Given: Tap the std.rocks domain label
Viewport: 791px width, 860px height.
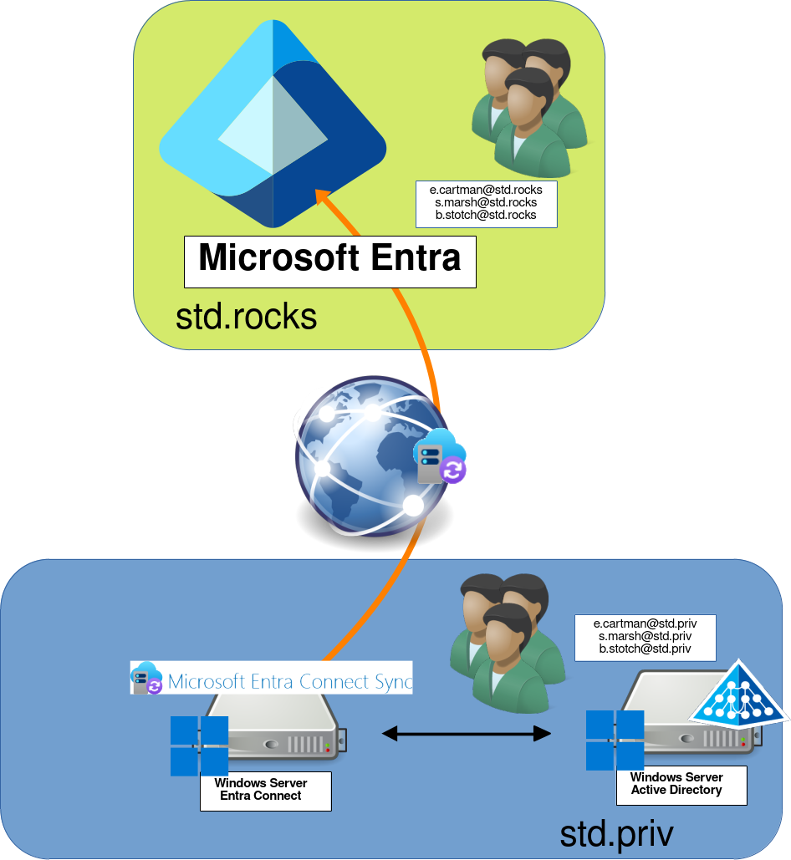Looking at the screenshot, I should click(x=246, y=317).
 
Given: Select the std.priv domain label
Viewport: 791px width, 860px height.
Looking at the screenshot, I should click(x=616, y=833).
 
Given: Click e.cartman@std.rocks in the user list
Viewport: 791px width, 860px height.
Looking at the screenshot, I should click(x=486, y=190).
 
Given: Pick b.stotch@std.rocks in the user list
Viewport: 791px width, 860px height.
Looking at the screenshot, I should click(x=486, y=215).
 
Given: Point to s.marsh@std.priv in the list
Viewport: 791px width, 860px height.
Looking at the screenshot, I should click(x=645, y=636).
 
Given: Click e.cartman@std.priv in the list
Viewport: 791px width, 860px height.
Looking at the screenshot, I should click(x=645, y=623).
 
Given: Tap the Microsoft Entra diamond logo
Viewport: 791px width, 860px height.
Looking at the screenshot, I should click(x=273, y=125).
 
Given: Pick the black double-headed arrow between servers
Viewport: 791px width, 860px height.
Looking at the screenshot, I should click(x=467, y=734).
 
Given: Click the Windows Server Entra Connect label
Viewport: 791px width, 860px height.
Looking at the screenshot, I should click(x=265, y=790).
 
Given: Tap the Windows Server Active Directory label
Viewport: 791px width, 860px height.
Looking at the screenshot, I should click(x=681, y=784).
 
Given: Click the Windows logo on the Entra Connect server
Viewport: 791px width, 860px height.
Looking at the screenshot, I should click(x=199, y=746).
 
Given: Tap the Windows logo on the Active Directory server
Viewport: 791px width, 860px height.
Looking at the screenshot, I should click(x=615, y=740).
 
